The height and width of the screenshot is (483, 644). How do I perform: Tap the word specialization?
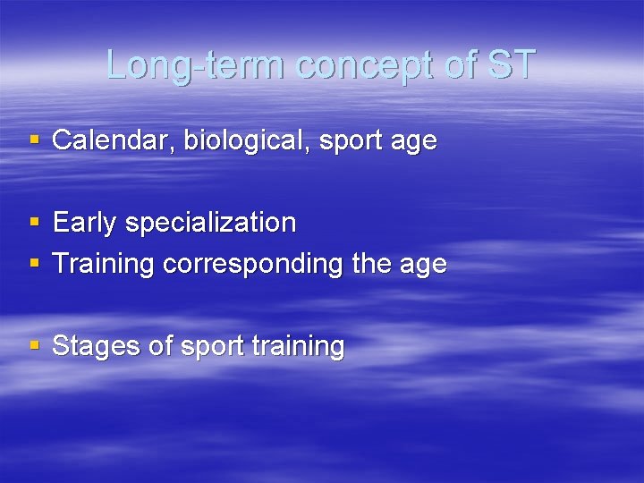pyautogui.click(x=210, y=223)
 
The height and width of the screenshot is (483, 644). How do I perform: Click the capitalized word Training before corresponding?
pyautogui.click(x=103, y=265)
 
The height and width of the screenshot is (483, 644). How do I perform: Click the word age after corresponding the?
pyautogui.click(x=423, y=265)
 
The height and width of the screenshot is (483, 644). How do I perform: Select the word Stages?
pyautogui.click(x=97, y=346)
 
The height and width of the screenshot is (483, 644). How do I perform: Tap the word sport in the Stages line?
pyautogui.click(x=211, y=346)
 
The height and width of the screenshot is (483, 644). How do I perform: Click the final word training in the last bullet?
pyautogui.click(x=301, y=346)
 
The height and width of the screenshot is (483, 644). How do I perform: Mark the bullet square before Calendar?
pyautogui.click(x=35, y=140)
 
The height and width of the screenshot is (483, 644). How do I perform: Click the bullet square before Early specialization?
pyautogui.click(x=35, y=222)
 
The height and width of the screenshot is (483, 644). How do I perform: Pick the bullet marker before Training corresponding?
pyautogui.click(x=35, y=264)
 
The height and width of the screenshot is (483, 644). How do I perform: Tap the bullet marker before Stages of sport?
pyautogui.click(x=35, y=345)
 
